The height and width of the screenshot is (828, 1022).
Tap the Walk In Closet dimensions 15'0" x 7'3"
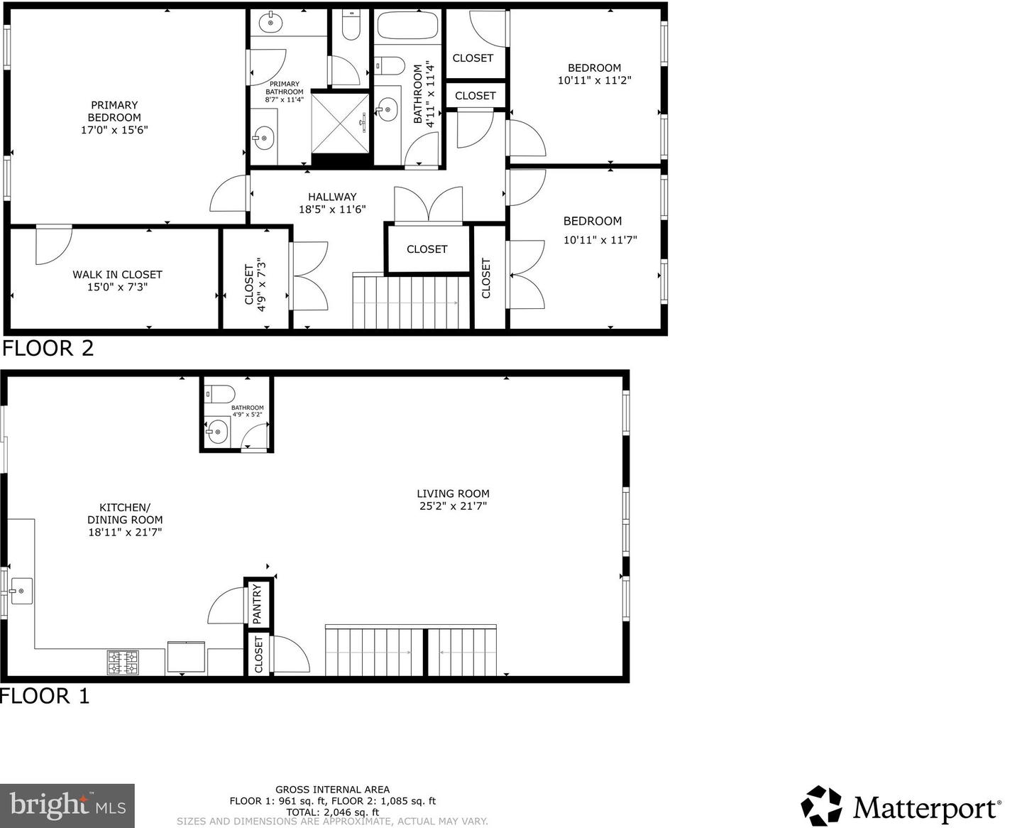click(x=117, y=288)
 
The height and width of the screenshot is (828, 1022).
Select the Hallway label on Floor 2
click(x=332, y=197)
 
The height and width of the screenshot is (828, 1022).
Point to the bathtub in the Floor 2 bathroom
click(x=407, y=26)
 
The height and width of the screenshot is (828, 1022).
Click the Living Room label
click(x=453, y=494)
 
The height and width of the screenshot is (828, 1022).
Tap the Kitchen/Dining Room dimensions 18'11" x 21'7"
click(x=125, y=532)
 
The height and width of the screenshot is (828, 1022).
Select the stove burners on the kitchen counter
click(x=123, y=663)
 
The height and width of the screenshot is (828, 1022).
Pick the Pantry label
click(x=258, y=604)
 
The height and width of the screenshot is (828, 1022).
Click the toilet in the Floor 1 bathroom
click(x=219, y=393)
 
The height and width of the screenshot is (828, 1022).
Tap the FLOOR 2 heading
click(x=48, y=349)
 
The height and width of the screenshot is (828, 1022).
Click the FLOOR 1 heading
click(x=45, y=696)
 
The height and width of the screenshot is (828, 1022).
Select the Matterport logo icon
click(x=822, y=806)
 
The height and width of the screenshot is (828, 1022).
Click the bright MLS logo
click(x=67, y=805)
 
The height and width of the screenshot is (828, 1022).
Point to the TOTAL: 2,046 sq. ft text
click(x=332, y=812)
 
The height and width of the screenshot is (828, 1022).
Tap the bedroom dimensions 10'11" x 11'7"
click(x=600, y=240)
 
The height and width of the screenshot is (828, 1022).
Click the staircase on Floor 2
click(x=412, y=303)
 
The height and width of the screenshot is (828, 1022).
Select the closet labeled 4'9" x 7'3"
click(x=255, y=284)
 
